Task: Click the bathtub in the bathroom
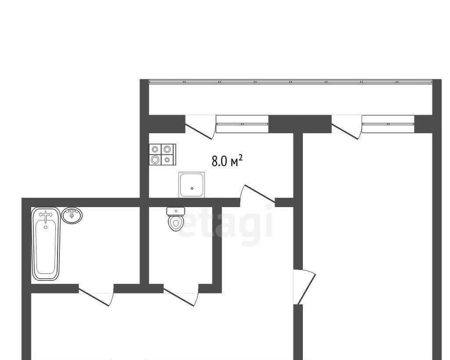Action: (46, 244)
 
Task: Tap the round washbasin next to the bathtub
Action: (72, 215)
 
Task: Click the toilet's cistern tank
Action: (176, 211)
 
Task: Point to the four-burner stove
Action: (163, 154)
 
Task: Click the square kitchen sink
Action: (192, 185)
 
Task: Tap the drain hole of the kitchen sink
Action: (192, 189)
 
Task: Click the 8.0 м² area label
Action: (227, 161)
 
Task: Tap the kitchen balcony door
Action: (200, 127)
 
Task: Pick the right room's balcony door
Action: (346, 127)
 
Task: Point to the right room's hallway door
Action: (305, 287)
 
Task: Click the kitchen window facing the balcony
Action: (242, 124)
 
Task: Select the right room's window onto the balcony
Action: (388, 124)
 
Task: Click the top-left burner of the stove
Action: (155, 149)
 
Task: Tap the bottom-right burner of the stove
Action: (167, 160)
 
